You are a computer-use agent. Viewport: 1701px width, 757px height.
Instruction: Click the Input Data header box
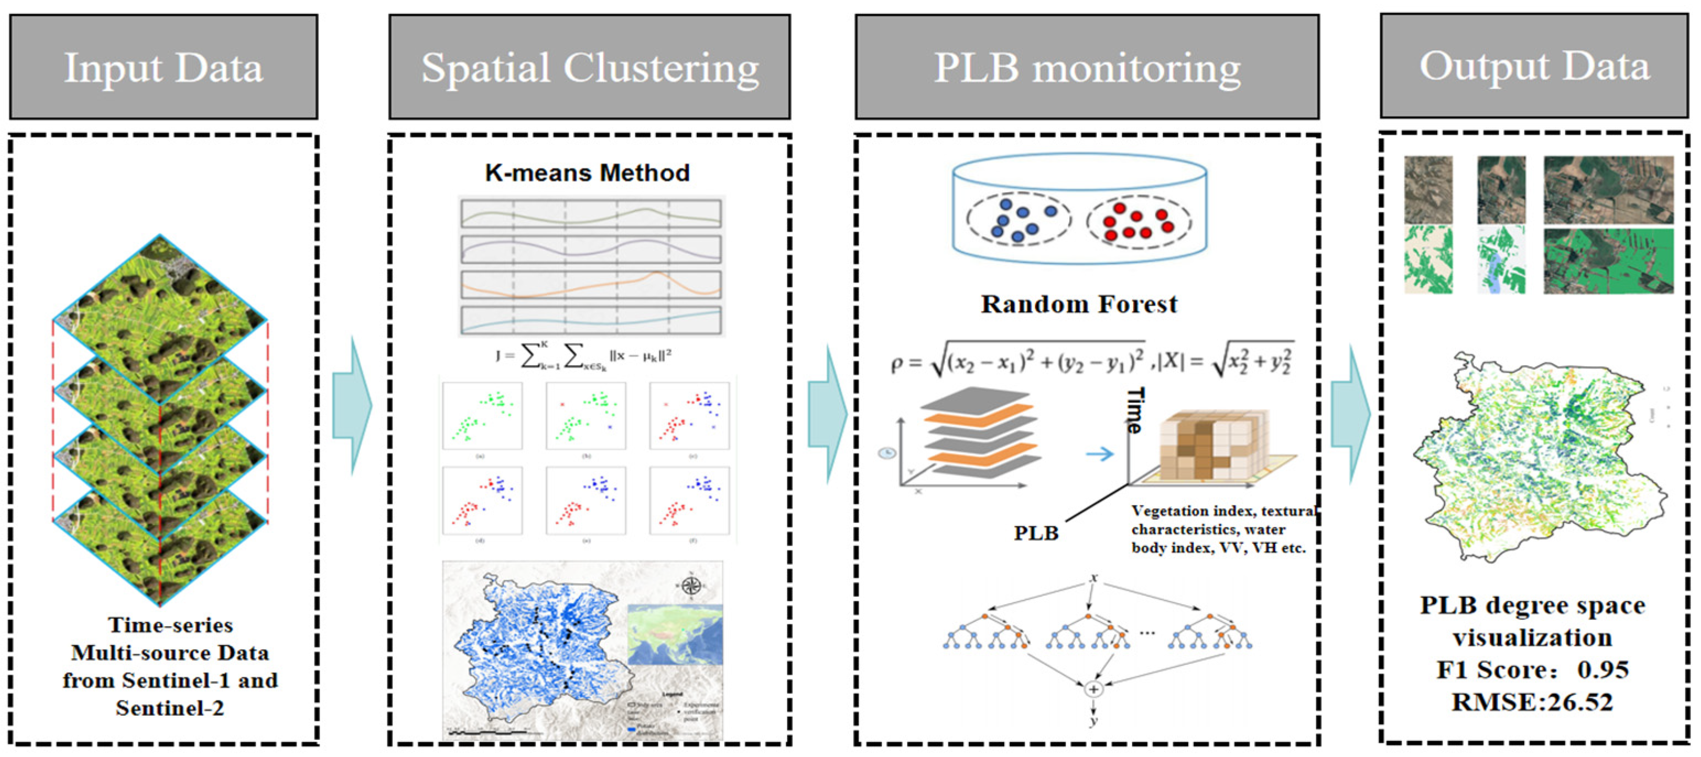pyautogui.click(x=163, y=67)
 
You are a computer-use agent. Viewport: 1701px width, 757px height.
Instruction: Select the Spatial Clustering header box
pyautogui.click(x=589, y=67)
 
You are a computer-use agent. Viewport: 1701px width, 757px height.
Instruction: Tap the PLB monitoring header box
pyautogui.click(x=1087, y=67)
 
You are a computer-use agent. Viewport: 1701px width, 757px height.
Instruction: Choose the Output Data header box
pyautogui.click(x=1534, y=66)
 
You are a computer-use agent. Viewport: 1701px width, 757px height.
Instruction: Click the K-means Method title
pyautogui.click(x=587, y=173)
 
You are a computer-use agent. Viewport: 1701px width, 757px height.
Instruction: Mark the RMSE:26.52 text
pyautogui.click(x=1532, y=701)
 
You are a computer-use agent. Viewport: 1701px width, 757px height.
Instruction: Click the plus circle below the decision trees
pyautogui.click(x=1093, y=689)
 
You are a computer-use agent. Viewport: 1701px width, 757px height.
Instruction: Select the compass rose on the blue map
pyautogui.click(x=691, y=585)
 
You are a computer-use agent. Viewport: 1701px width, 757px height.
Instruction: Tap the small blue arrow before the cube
pyautogui.click(x=1099, y=454)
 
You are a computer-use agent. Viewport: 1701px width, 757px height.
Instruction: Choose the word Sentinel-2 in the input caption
pyautogui.click(x=170, y=708)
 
